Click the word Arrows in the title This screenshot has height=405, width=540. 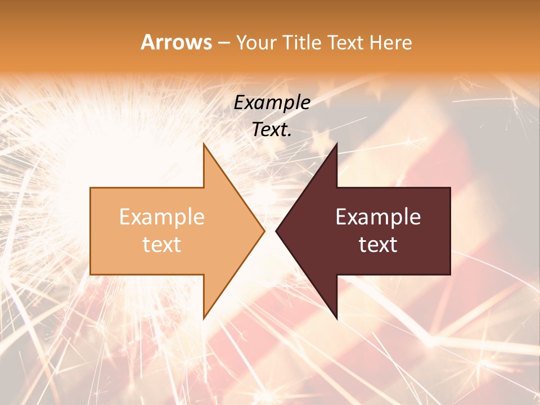[176, 42]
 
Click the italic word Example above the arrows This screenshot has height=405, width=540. [272, 103]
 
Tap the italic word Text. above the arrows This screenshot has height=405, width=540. [272, 130]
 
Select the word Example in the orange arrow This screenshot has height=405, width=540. [162, 217]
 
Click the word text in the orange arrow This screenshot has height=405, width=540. [162, 245]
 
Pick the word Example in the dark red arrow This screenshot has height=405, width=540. [378, 217]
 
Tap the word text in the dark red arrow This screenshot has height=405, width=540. [378, 245]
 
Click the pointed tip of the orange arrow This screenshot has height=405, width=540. [264, 231]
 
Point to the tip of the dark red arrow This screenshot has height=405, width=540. [276, 231]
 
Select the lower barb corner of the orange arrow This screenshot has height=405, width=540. [204, 319]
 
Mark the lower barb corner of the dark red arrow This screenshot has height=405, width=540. [336, 319]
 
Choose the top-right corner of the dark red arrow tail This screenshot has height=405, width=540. [450, 188]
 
